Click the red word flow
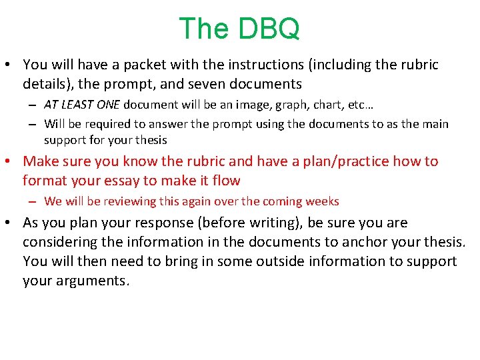pyautogui.click(x=227, y=181)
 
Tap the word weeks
pyautogui.click(x=323, y=201)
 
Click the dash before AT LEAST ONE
pyautogui.click(x=33, y=105)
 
